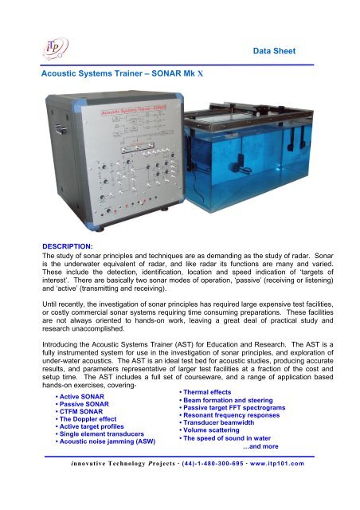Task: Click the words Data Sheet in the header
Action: [274, 50]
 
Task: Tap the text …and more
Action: [275, 455]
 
